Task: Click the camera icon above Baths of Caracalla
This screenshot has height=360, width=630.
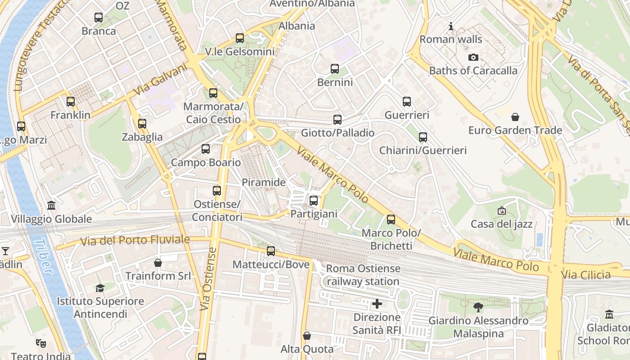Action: (x=473, y=57)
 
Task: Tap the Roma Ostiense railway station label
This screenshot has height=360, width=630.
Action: (x=363, y=275)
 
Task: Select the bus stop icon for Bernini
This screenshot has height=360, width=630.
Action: (x=335, y=69)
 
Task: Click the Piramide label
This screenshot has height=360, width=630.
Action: (x=264, y=182)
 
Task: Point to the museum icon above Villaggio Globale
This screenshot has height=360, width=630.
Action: (x=51, y=206)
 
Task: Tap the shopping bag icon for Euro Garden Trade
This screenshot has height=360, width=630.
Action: (x=515, y=117)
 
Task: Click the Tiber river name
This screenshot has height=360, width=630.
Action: (x=43, y=256)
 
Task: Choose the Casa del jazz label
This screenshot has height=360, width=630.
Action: (x=501, y=224)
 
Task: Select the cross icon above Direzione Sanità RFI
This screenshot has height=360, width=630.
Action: (x=377, y=304)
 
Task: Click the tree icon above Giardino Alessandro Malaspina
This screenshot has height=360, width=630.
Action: (x=478, y=307)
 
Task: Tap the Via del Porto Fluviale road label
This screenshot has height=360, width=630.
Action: (x=135, y=240)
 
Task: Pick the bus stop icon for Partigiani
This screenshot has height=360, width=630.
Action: (x=314, y=200)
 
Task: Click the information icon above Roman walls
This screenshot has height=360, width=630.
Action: (x=451, y=26)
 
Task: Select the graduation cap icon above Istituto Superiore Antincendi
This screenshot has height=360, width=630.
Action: (x=100, y=288)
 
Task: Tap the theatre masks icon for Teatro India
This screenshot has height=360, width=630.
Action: (x=40, y=344)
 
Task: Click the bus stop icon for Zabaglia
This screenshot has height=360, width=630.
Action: (x=142, y=123)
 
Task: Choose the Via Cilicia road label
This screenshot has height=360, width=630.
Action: (x=586, y=274)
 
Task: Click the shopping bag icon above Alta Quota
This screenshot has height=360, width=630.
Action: (x=307, y=336)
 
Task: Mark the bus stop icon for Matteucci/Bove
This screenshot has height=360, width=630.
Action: (x=271, y=251)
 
